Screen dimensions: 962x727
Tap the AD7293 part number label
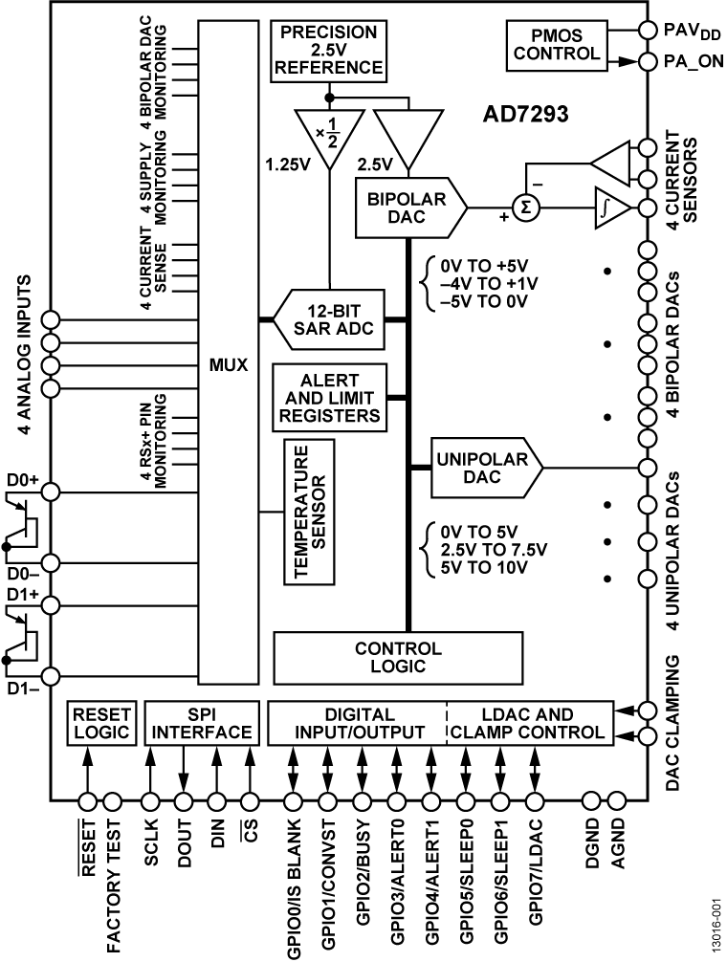525,115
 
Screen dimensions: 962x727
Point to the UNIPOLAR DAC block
484,469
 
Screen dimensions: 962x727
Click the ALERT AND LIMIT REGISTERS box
330,395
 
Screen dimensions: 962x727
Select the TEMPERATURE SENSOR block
308,511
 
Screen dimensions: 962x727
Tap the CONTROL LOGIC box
398,657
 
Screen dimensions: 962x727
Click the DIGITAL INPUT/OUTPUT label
358,723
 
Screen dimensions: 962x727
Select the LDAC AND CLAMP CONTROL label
528,723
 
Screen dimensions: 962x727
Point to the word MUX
228,364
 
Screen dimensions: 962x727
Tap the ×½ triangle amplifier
328,135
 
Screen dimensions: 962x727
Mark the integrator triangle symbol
609,208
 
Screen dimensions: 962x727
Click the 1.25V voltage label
287,163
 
